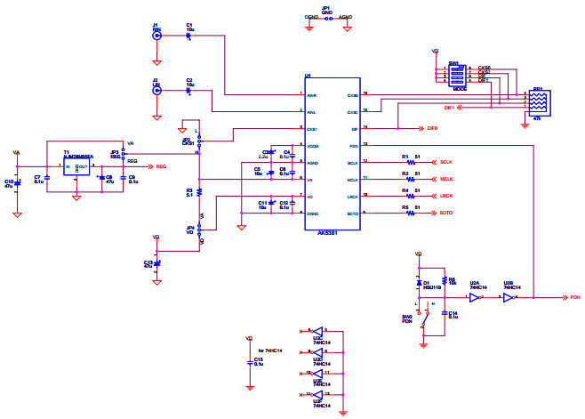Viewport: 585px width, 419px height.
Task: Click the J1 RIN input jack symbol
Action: (x=156, y=36)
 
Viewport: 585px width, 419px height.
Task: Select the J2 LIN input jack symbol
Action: (x=156, y=91)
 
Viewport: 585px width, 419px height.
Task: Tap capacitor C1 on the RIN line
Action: (x=189, y=36)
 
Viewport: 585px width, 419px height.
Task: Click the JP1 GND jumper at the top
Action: (x=326, y=17)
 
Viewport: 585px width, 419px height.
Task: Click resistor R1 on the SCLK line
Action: (x=410, y=163)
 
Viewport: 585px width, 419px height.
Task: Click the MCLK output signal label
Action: (x=447, y=180)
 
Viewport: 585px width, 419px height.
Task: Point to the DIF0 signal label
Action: (x=432, y=129)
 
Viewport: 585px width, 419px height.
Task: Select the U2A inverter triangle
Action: (x=476, y=298)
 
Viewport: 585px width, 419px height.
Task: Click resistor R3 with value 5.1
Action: (x=199, y=192)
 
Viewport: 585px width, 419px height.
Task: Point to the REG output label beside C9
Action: (x=160, y=166)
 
